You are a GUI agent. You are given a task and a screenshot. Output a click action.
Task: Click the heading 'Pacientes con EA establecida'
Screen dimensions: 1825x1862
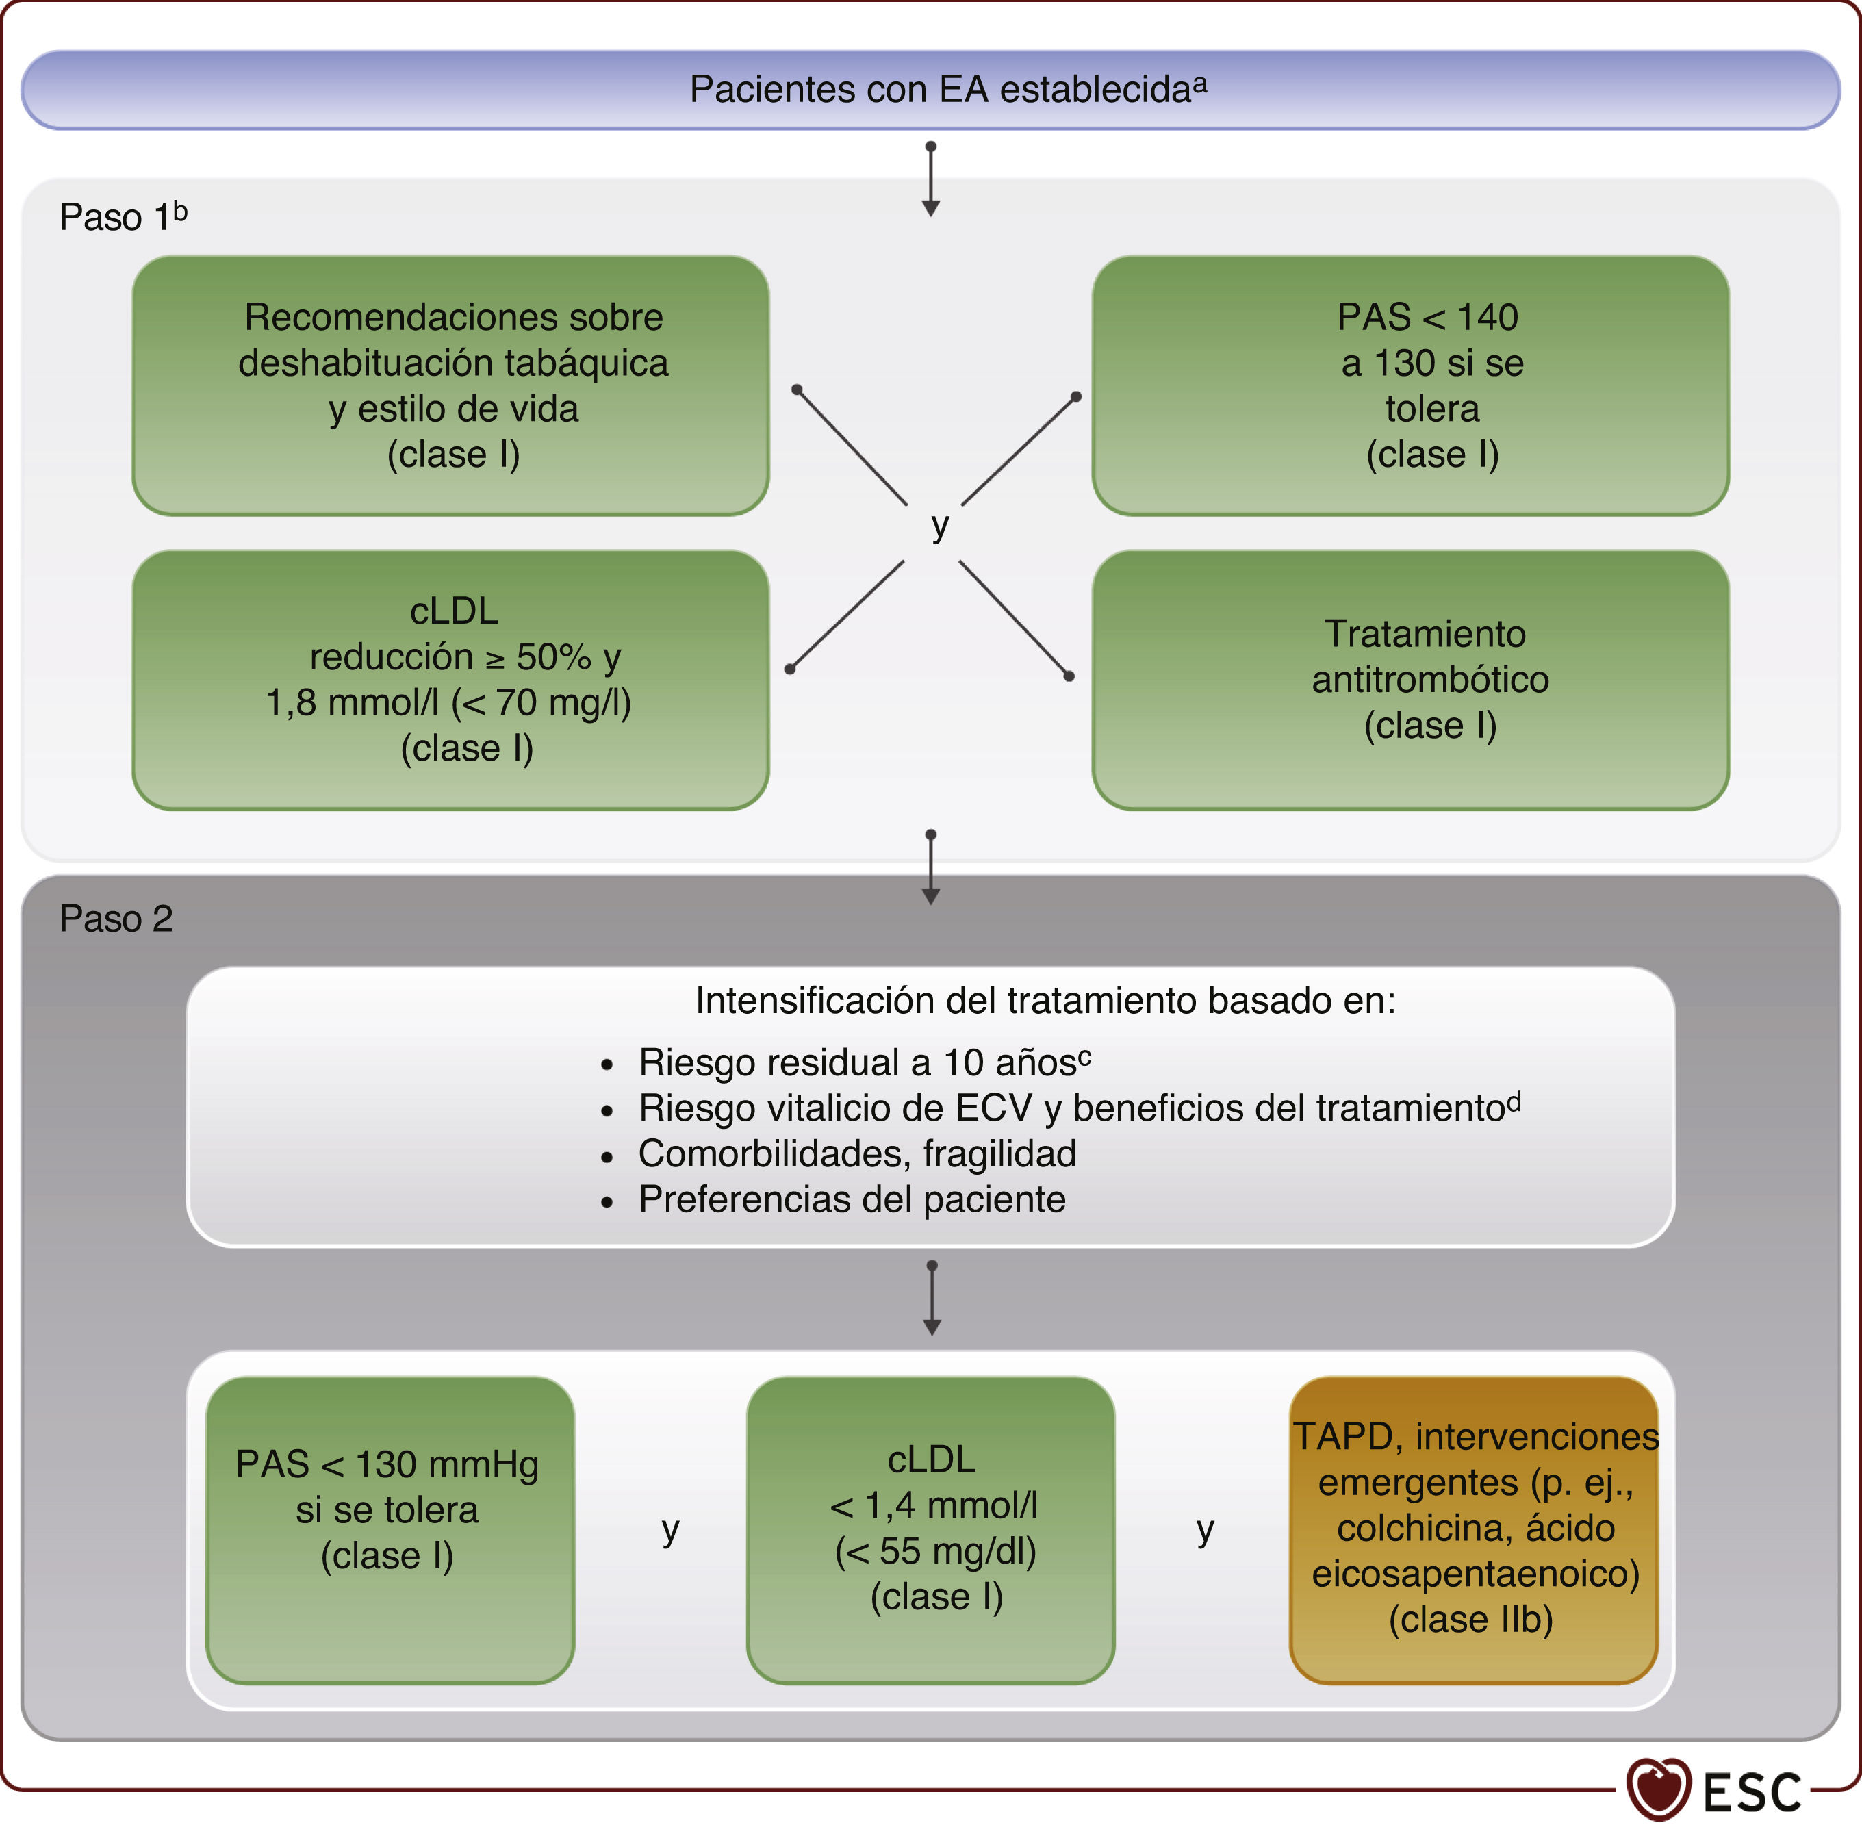pos(947,89)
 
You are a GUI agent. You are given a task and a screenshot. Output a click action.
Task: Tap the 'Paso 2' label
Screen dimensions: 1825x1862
pos(116,918)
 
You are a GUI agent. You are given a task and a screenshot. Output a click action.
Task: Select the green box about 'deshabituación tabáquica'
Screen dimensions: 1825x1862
pos(450,385)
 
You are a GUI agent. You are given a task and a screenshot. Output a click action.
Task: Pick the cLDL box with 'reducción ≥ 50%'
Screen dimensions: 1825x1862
pos(450,680)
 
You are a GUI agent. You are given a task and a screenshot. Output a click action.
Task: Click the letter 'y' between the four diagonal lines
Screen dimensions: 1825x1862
pos(939,525)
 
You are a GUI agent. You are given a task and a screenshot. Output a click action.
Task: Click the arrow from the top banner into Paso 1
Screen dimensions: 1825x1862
pos(930,180)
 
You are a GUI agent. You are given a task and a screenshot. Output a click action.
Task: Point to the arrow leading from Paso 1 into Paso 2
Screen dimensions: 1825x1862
pos(930,867)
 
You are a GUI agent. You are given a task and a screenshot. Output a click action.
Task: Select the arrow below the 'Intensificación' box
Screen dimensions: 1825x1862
pos(932,1299)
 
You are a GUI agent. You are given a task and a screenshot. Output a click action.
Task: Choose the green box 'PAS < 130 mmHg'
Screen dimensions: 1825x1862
pos(389,1530)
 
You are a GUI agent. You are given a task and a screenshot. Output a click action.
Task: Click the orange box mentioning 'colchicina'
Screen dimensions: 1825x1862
pos(1473,1530)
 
